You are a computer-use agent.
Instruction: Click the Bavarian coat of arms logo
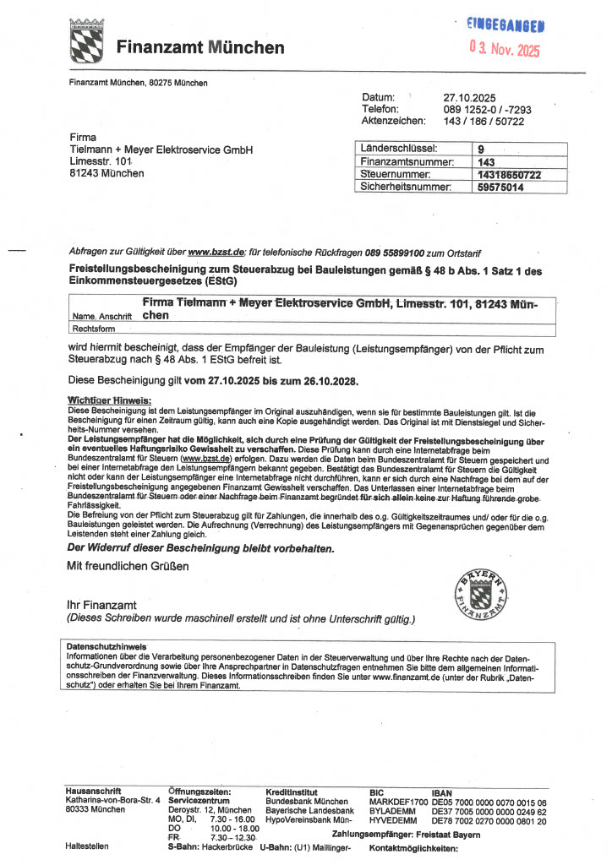(85, 41)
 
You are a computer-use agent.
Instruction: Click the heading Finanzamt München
(200, 47)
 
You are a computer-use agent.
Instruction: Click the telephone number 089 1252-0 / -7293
(488, 109)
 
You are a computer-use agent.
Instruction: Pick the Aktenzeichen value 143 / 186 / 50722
(484, 121)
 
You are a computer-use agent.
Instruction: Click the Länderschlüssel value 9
(481, 149)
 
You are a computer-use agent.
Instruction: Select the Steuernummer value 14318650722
(509, 174)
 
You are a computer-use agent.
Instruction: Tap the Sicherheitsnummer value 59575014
(500, 187)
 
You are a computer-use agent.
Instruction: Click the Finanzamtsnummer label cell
(407, 161)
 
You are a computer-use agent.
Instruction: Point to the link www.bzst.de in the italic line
(216, 252)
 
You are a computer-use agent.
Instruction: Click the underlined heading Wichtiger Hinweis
(109, 400)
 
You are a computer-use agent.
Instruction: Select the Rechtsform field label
(94, 329)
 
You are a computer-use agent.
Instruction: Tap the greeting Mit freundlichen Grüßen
(128, 566)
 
